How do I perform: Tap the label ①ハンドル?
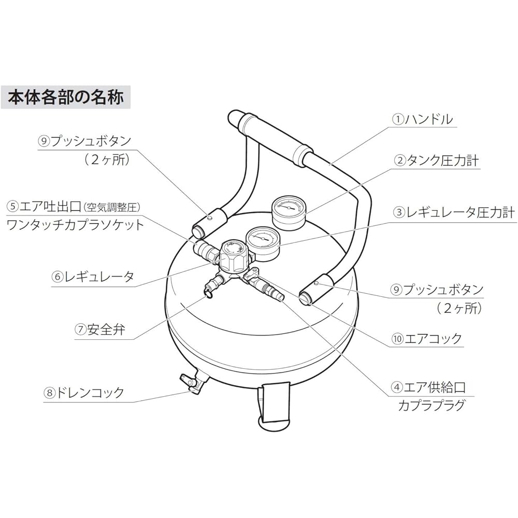click(x=422, y=119)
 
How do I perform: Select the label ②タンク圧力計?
click(x=437, y=161)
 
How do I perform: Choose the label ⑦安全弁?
click(x=99, y=329)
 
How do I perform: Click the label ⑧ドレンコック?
click(x=83, y=392)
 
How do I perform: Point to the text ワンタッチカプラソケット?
click(x=75, y=225)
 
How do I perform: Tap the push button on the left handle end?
click(x=210, y=218)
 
